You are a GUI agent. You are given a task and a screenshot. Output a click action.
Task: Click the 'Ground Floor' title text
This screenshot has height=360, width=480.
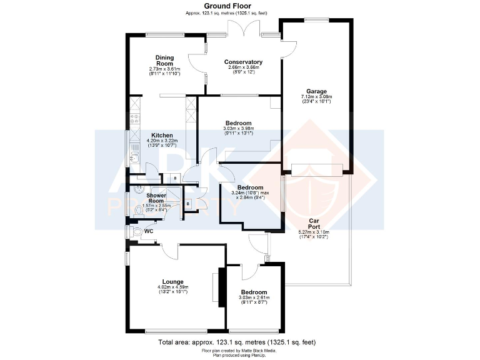[239, 5]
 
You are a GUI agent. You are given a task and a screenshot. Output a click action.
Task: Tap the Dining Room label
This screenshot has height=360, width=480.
[164, 60]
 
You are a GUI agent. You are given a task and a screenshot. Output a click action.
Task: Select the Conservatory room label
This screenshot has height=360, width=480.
[243, 62]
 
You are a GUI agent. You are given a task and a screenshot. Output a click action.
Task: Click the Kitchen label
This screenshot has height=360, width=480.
[162, 135]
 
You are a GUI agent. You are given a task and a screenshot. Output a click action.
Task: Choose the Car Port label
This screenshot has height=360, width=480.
[315, 224]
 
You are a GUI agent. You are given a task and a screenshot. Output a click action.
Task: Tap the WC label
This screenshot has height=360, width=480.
[149, 231]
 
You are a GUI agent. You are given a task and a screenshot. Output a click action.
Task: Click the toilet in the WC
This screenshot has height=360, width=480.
[137, 231]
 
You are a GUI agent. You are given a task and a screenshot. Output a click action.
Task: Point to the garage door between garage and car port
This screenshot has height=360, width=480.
[317, 169]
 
